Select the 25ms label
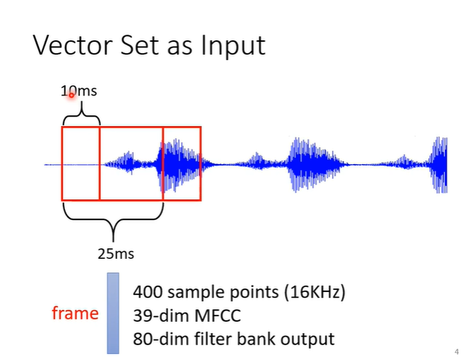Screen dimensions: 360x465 tap(115, 253)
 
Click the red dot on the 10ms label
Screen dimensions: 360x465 tap(71, 95)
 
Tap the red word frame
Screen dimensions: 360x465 tap(75, 313)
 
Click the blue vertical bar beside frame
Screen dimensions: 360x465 tap(113, 313)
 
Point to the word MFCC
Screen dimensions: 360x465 tap(211, 315)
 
